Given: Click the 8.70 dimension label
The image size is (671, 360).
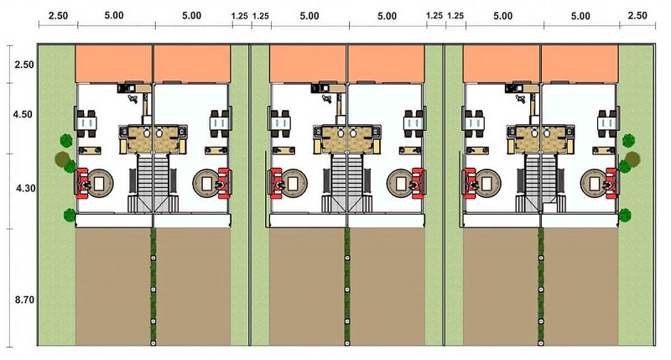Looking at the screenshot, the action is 24,300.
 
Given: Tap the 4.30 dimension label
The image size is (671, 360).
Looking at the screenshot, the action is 26,188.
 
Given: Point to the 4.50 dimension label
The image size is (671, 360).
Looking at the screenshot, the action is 23,114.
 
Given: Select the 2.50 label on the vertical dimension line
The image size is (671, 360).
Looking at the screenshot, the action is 24,65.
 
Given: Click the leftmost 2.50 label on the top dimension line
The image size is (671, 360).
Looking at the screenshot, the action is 58,16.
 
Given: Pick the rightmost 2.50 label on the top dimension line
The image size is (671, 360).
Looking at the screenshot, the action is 637,16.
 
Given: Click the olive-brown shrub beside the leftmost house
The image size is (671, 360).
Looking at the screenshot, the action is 62,159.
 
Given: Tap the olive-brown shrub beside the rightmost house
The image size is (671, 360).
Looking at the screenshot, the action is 632,159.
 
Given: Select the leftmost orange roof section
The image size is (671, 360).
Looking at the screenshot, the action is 114,63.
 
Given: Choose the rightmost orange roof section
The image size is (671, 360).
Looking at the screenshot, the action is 580,63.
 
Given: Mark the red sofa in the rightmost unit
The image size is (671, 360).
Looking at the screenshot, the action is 611,183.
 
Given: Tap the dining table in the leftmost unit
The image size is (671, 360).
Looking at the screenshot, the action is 87,123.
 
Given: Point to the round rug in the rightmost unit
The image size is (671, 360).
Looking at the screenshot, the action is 594,184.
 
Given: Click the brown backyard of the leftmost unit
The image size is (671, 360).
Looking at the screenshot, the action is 113,286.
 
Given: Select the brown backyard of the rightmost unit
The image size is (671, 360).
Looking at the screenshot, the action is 581,286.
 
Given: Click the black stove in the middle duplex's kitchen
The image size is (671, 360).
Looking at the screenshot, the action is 318,88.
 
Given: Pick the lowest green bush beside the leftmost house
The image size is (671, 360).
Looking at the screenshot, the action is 70,215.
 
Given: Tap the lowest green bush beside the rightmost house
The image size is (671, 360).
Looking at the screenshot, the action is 625,215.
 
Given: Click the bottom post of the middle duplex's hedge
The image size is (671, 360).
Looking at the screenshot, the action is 347,342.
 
